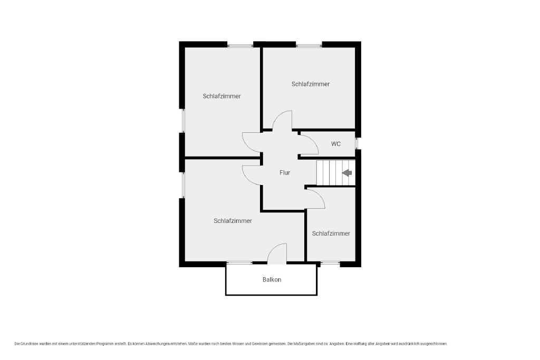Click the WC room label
point(336,144)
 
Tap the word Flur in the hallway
point(285,173)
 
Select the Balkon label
point(272,279)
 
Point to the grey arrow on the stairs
point(347,173)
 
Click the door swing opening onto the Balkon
point(277,254)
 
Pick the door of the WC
point(308,145)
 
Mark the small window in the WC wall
point(357,143)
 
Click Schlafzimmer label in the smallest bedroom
point(331,233)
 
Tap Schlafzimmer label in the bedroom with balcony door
point(233,221)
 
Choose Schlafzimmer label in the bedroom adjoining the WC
point(311,84)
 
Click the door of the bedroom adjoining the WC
point(283,121)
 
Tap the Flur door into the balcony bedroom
point(253,175)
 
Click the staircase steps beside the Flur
point(336,173)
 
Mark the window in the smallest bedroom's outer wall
point(330,264)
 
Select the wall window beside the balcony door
point(239,264)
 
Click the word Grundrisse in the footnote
point(30,344)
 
